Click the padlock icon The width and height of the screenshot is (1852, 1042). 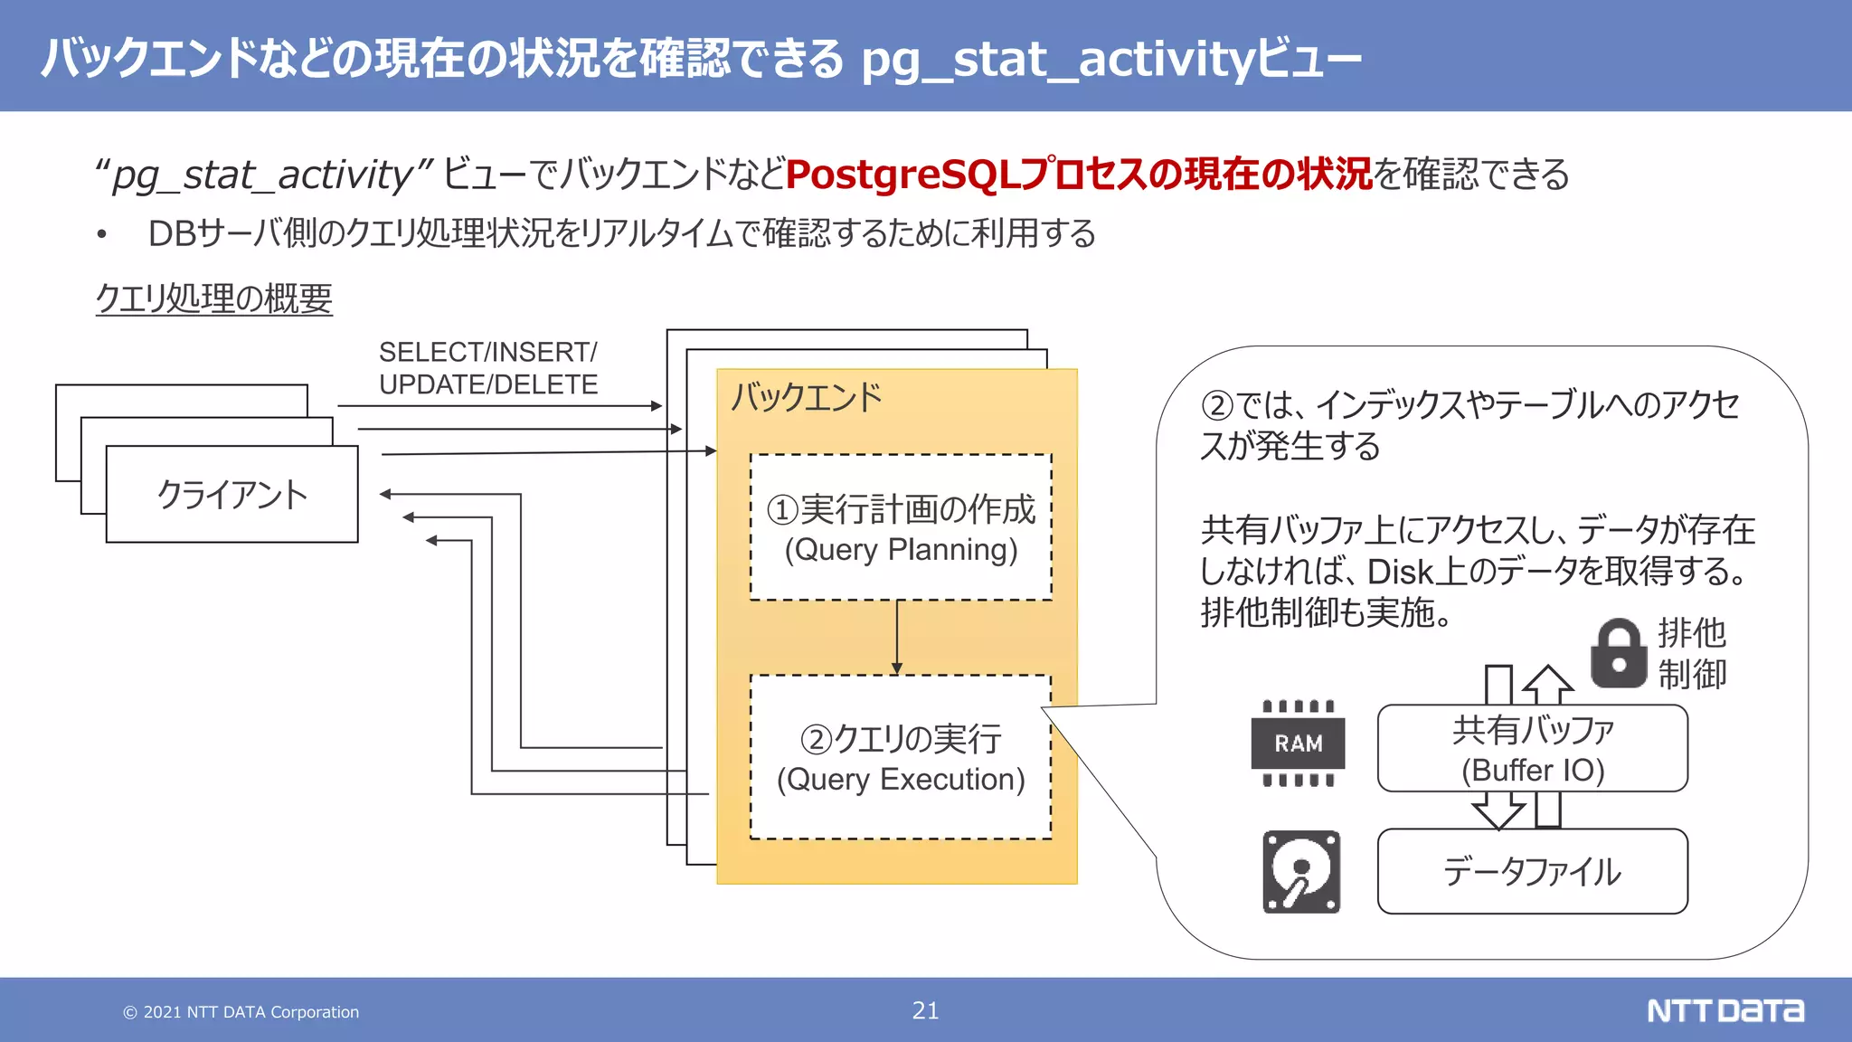tap(1618, 653)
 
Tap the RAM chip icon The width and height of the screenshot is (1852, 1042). tap(1298, 744)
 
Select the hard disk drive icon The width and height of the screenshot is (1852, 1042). tap(1300, 872)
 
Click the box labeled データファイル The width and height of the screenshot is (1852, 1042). tap(1532, 872)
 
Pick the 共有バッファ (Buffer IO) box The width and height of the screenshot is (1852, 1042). tap(1532, 749)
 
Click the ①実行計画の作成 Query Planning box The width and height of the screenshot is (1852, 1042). tap(901, 528)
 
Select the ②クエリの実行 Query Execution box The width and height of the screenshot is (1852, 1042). tap(901, 758)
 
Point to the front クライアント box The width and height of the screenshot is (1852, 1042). tap(231, 495)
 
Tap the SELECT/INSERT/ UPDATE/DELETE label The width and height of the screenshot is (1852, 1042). tap(488, 368)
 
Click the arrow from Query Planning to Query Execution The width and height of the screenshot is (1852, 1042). tap(896, 637)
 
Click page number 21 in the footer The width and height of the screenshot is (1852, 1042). tap(925, 1010)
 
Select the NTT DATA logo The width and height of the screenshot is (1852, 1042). tap(1724, 1010)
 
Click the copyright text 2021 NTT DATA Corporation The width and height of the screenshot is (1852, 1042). tap(241, 1012)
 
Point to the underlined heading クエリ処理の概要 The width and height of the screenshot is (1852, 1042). tap(214, 298)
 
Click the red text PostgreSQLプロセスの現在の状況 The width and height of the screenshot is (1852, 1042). tap(1079, 175)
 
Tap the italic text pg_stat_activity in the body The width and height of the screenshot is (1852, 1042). tap(262, 175)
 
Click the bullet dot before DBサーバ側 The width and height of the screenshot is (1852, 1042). tap(102, 235)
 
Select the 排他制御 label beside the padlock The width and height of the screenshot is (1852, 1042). tap(1691, 653)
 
